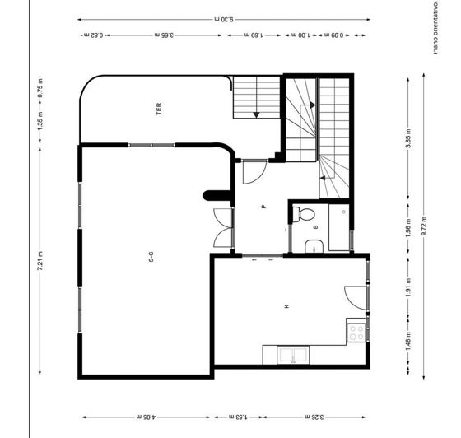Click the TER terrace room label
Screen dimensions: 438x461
click(x=158, y=107)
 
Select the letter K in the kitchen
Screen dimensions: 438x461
click(x=286, y=306)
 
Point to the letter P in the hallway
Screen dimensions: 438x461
click(x=263, y=207)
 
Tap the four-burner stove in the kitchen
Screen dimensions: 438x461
click(x=357, y=332)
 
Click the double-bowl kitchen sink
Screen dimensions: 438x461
click(x=294, y=356)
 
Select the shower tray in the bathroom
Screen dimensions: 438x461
click(x=340, y=227)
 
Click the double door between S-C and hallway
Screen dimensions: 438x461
click(x=222, y=228)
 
